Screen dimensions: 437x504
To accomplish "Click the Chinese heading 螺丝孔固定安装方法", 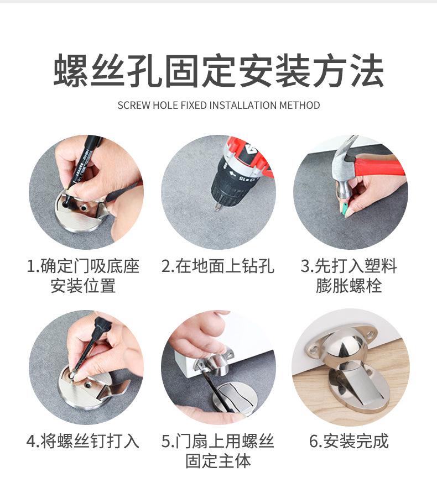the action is [218, 70].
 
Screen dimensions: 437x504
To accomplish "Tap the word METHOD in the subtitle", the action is [299, 106].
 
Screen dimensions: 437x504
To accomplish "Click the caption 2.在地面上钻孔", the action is [218, 266].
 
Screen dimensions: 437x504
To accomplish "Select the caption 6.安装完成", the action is [349, 441].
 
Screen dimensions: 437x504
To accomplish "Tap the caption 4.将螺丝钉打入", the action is [83, 441].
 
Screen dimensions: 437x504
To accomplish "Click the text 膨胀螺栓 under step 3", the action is [349, 286].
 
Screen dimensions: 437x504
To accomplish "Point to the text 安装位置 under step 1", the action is [83, 286].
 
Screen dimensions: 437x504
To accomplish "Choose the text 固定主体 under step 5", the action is [218, 461].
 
